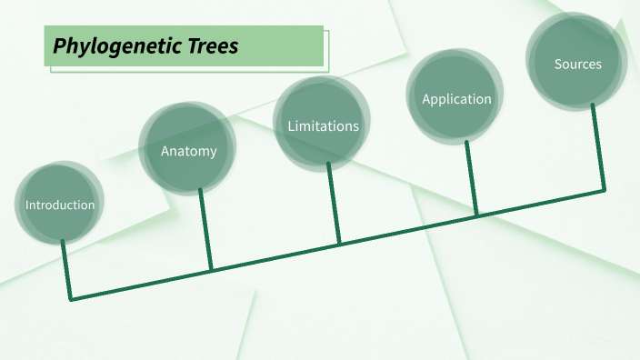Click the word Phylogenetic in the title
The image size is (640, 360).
pyautogui.click(x=116, y=46)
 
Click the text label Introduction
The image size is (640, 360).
pyautogui.click(x=60, y=205)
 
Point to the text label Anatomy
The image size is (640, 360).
pyautogui.click(x=189, y=151)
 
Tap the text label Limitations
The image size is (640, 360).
pyautogui.click(x=323, y=126)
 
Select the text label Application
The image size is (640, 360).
pyautogui.click(x=456, y=99)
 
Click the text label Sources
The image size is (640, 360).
pyautogui.click(x=577, y=65)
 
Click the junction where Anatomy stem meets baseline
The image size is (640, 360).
pyautogui.click(x=211, y=269)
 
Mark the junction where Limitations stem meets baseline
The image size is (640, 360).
pyautogui.click(x=339, y=243)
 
